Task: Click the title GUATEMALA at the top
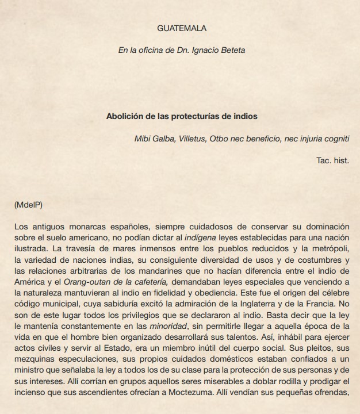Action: coord(181,28)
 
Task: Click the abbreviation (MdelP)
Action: coord(28,204)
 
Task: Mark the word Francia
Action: coord(325,303)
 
